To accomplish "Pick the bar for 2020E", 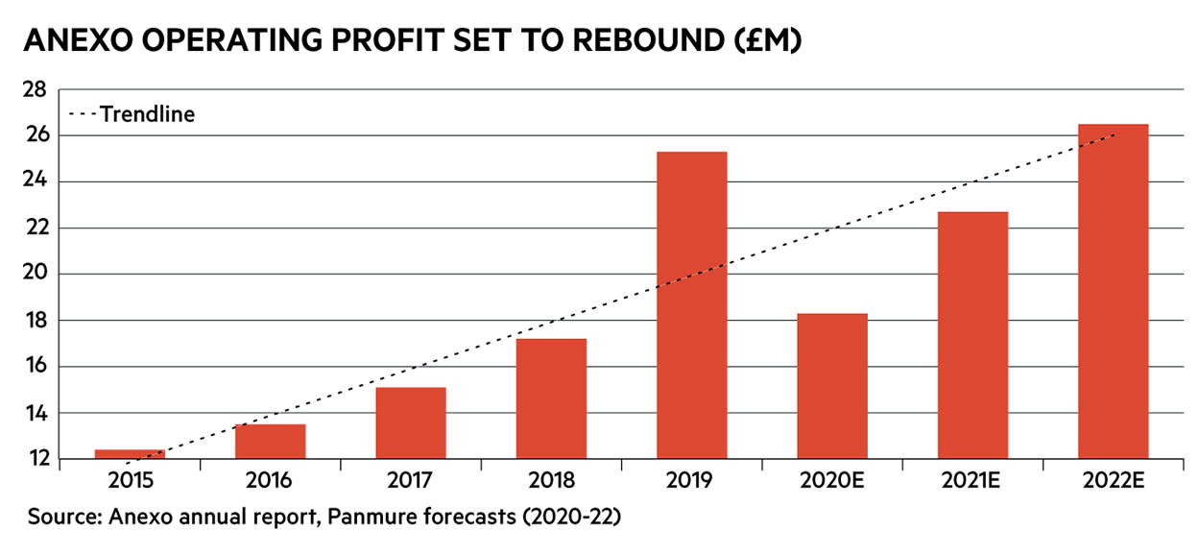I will tap(831, 385).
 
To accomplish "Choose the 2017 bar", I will tap(410, 422).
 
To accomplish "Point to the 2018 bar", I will tap(551, 398).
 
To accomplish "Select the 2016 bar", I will tap(270, 441).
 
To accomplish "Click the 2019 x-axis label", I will tap(691, 480).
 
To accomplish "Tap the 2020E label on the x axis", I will tap(831, 480).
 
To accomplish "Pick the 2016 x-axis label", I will tap(270, 480).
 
